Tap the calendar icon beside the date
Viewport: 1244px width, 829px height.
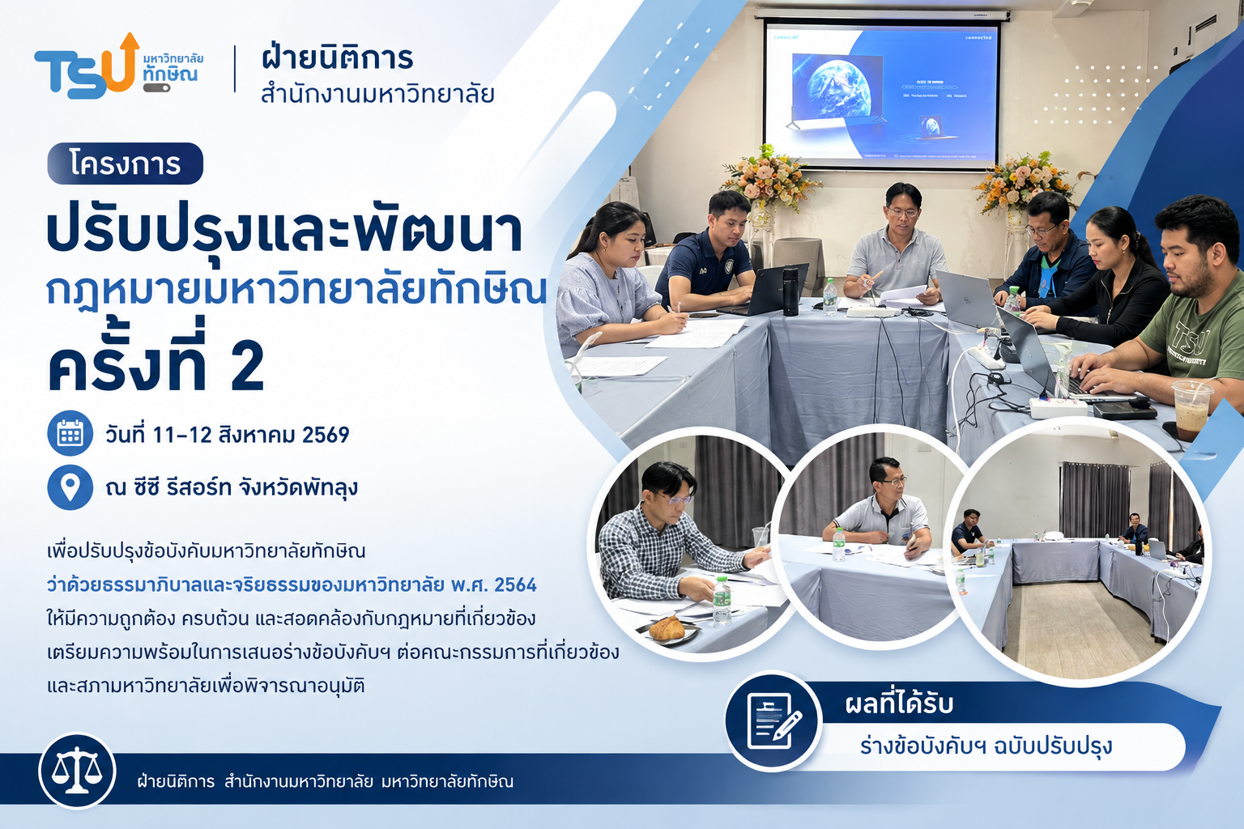point(70,433)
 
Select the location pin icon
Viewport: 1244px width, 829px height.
point(70,487)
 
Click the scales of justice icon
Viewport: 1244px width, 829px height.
point(77,770)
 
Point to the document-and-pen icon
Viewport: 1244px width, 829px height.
point(773,721)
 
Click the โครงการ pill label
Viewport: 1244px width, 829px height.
point(126,164)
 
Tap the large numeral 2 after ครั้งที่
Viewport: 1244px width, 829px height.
point(247,365)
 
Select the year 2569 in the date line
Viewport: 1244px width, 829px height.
point(326,435)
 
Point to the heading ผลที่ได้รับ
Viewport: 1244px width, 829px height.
point(899,704)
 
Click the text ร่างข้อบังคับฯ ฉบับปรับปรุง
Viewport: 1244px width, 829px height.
point(986,746)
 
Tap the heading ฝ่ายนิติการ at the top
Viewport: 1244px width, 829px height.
point(338,57)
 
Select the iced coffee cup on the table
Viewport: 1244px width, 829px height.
point(1191,410)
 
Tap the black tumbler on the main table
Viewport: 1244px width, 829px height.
point(790,291)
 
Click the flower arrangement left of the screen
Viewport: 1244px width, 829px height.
point(771,177)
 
